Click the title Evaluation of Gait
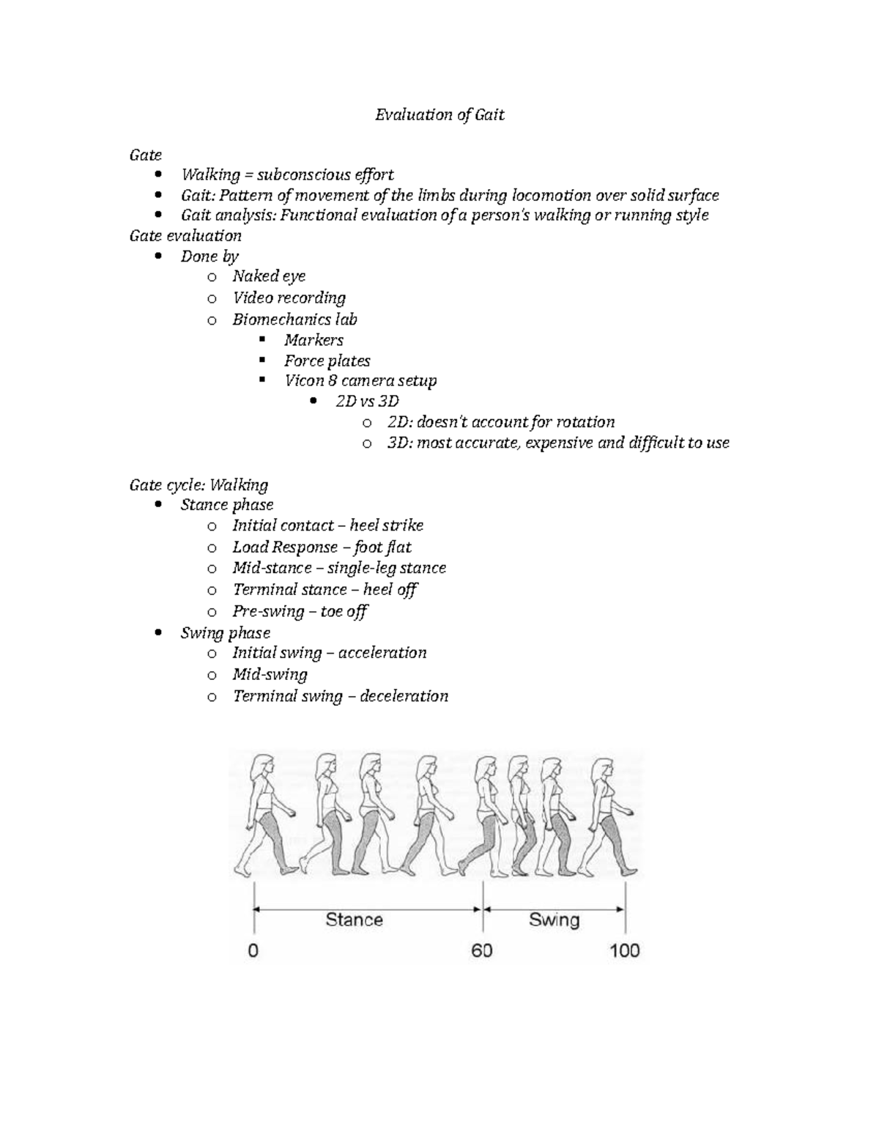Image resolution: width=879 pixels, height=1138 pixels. [439, 115]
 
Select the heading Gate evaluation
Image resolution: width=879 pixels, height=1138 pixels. [185, 236]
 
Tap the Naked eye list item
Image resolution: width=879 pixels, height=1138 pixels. [269, 276]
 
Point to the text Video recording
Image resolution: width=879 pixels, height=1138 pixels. [289, 298]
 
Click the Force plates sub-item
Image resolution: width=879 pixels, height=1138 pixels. [327, 361]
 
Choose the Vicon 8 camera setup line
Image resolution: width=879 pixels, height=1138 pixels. [360, 381]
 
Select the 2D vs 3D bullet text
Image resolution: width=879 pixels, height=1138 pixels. [367, 402]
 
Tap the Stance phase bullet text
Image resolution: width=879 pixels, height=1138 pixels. [227, 505]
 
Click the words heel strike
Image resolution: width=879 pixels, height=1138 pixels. [386, 525]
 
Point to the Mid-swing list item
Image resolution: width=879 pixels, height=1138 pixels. [270, 674]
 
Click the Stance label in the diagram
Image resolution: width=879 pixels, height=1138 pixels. [354, 920]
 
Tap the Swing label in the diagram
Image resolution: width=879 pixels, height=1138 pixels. [554, 920]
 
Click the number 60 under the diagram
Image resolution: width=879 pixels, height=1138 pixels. [481, 951]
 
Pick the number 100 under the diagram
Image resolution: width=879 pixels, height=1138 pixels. [624, 951]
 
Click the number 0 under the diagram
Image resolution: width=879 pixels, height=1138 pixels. [253, 951]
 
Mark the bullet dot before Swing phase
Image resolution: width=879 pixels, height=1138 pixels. [160, 633]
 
